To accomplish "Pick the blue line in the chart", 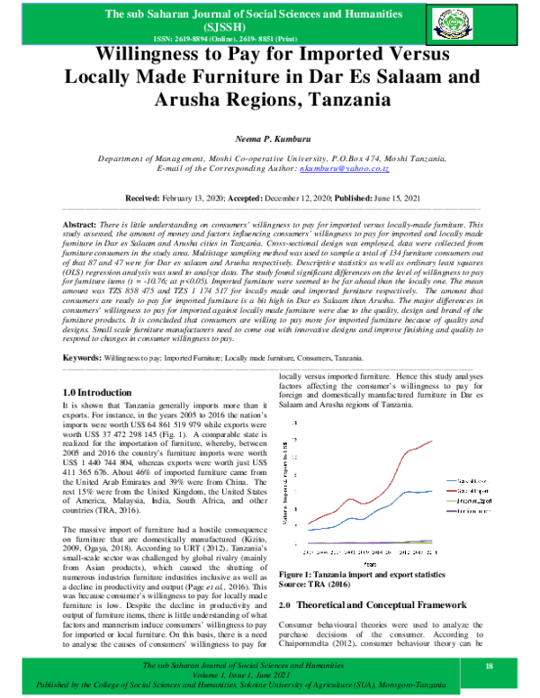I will (396, 494).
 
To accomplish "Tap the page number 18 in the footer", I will (490, 665).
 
